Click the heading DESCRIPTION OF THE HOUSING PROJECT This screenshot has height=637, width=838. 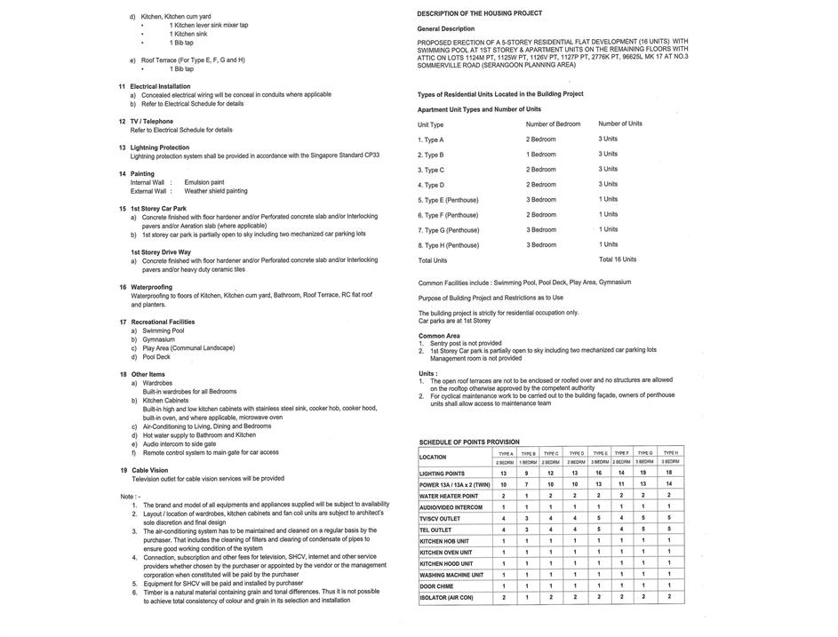point(479,13)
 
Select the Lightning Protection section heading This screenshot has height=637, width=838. point(159,147)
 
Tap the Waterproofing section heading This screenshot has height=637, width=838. point(151,287)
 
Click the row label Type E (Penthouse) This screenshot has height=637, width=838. point(448,200)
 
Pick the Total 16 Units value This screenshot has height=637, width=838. point(618,259)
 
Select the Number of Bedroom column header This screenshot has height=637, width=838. point(553,124)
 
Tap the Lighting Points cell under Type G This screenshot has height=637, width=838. point(644,474)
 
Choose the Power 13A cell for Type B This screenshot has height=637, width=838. point(528,484)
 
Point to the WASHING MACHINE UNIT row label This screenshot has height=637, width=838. point(451,575)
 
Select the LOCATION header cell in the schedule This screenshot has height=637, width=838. point(433,457)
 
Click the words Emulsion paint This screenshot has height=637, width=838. point(204,182)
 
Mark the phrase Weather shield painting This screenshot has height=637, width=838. point(216,191)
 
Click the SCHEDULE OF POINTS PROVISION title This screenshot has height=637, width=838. point(469,442)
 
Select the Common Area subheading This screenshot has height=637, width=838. point(439,336)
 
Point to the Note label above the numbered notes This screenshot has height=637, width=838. point(129,496)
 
